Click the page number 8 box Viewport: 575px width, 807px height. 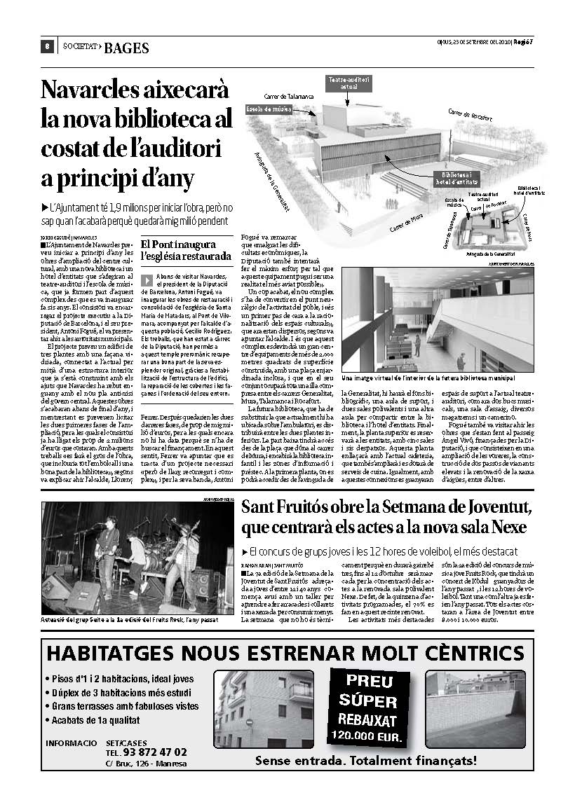click(x=46, y=47)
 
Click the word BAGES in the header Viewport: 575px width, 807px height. click(x=126, y=48)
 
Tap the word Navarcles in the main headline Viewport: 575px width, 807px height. click(x=89, y=91)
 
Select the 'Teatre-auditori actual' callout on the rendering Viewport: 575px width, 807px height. click(x=349, y=83)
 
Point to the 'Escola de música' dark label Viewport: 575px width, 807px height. click(x=269, y=110)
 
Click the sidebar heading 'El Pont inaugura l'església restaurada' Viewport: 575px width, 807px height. click(x=186, y=250)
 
